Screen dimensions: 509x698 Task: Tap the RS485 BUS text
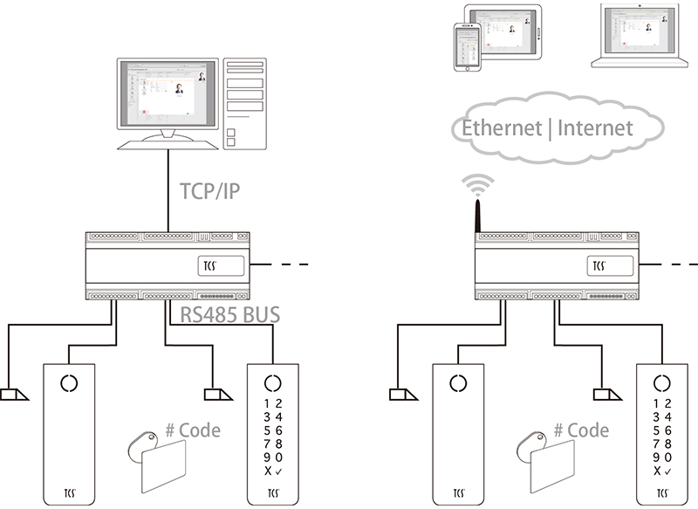(x=230, y=314)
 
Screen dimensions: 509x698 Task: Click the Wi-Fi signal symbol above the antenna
(x=478, y=183)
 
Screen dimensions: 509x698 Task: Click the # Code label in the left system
(x=193, y=430)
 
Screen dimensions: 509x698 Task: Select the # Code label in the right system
(x=582, y=430)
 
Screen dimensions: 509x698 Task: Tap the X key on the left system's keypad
(x=268, y=471)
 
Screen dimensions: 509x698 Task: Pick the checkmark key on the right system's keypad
(x=667, y=471)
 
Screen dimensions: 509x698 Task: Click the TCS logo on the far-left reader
(x=69, y=492)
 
